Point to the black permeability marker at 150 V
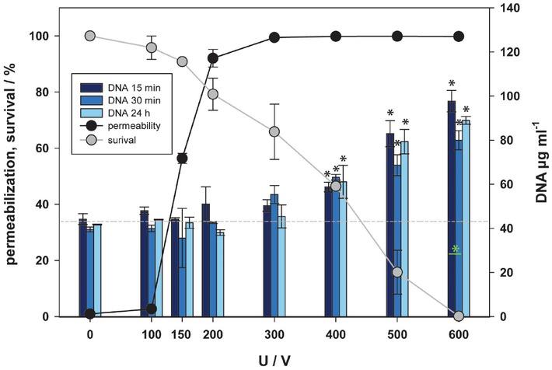pyautogui.click(x=182, y=159)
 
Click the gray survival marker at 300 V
pyautogui.click(x=274, y=131)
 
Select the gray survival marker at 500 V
pyautogui.click(x=397, y=272)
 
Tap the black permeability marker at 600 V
pyautogui.click(x=459, y=37)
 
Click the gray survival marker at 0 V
pyautogui.click(x=90, y=37)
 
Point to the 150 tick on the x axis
pyautogui.click(x=182, y=333)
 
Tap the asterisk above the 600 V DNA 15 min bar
pyautogui.click(x=451, y=84)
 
